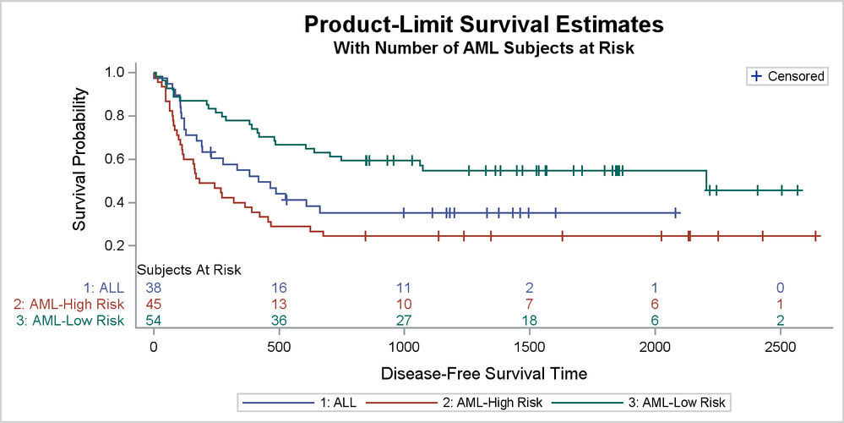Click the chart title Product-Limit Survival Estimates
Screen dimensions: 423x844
(483, 24)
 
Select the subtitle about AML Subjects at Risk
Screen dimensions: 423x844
(483, 48)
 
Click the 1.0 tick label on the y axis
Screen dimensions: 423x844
(115, 73)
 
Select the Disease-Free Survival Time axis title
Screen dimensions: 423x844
(484, 373)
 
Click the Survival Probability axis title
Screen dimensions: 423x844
(80, 158)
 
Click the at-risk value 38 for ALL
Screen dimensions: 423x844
(154, 288)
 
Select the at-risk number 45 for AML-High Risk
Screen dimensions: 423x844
(154, 304)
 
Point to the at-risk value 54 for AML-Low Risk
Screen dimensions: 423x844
(154, 320)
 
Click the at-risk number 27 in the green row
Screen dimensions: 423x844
(404, 320)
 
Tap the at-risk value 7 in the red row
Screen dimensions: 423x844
(529, 304)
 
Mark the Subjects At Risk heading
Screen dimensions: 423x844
(190, 271)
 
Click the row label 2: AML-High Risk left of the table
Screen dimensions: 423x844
(69, 304)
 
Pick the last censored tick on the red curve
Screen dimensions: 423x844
(815, 236)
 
